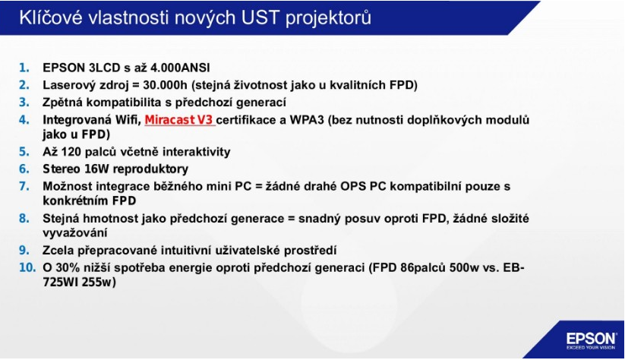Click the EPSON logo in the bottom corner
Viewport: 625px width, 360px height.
(591, 341)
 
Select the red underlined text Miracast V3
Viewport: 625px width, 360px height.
(179, 119)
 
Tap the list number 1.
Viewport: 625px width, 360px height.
(24, 68)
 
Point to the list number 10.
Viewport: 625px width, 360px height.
(27, 267)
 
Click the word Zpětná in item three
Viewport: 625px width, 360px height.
(62, 103)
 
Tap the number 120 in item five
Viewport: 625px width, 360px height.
(71, 152)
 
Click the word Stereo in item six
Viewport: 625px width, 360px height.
(62, 169)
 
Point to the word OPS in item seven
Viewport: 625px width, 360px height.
(353, 186)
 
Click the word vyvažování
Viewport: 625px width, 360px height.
(75, 233)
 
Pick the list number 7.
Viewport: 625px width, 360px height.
(24, 186)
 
